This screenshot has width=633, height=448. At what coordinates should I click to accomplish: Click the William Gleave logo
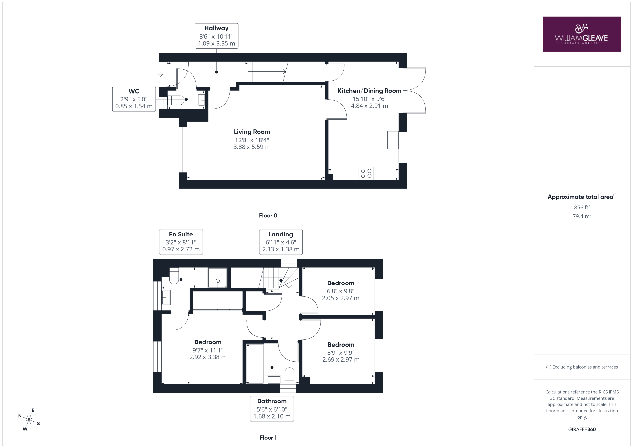tap(582, 34)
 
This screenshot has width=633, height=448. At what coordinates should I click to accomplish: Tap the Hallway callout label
tap(216, 36)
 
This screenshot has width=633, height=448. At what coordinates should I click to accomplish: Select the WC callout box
tap(134, 99)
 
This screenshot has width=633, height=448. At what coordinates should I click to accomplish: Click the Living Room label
tap(252, 139)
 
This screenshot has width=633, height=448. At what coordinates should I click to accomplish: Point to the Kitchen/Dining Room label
tap(369, 98)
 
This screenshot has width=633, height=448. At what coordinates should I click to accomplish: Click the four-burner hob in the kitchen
tap(366, 173)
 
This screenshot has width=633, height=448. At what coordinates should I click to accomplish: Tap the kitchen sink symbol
tap(393, 140)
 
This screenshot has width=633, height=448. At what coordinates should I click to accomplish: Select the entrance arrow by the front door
tap(160, 74)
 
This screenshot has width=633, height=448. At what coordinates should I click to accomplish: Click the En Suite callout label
tap(181, 242)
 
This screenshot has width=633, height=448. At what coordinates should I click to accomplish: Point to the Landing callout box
tap(281, 242)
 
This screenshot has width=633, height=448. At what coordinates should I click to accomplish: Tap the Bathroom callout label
tap(272, 409)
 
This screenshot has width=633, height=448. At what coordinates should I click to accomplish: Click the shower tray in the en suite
tap(218, 278)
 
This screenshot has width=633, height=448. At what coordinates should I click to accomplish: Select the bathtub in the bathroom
tap(255, 364)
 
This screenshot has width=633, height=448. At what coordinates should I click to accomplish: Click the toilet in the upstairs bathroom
tap(289, 376)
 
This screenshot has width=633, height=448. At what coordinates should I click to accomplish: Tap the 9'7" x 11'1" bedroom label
tap(208, 350)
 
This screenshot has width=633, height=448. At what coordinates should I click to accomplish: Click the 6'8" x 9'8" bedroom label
tap(340, 290)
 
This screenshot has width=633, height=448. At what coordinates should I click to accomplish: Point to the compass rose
tap(29, 420)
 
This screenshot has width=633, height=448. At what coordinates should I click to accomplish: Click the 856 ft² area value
tap(582, 207)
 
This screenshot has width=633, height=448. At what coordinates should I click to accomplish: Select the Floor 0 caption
tap(268, 216)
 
